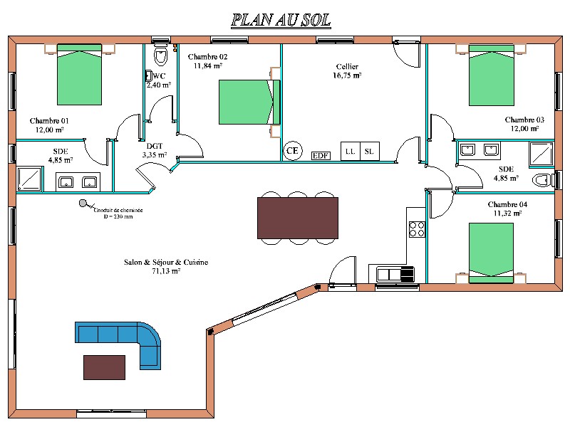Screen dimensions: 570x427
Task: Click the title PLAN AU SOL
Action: click(x=281, y=20)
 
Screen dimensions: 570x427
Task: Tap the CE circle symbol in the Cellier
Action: click(x=292, y=151)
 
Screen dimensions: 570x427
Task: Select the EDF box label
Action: click(x=321, y=156)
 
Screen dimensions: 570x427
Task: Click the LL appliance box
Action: click(x=350, y=151)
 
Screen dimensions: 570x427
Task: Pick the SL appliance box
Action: click(x=369, y=151)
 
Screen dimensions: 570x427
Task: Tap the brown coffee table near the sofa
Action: click(x=104, y=367)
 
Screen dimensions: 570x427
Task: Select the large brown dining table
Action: click(x=298, y=218)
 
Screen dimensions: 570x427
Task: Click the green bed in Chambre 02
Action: click(x=249, y=102)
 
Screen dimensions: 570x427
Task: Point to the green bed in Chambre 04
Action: click(x=491, y=253)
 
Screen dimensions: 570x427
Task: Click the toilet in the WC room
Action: click(x=160, y=55)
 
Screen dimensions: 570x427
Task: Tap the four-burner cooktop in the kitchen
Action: click(x=417, y=229)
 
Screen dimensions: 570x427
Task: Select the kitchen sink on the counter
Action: click(x=395, y=274)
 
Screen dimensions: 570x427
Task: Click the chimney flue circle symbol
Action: click(x=83, y=204)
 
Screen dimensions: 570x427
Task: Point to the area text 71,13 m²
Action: click(x=166, y=271)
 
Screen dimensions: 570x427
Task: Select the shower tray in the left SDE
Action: click(x=29, y=179)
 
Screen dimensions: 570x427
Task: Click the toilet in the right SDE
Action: click(x=543, y=180)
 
